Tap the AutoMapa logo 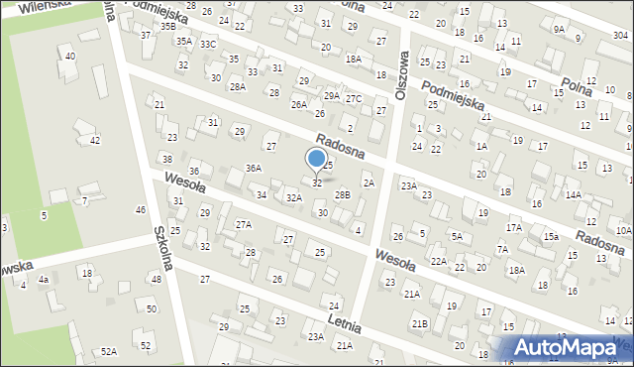pos(567,347)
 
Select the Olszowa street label pos(401,69)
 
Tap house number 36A pos(254,169)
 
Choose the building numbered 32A pos(293,198)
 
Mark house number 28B pos(342,195)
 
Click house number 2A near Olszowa pos(369,183)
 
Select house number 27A pos(243,225)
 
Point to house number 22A pos(438,261)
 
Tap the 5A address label pos(458,236)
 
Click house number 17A pos(513,227)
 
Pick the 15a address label pos(550,236)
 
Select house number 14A pos(573,195)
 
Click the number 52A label pos(108,351)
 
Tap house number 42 pos(95,141)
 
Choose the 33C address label pos(207,45)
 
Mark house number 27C pos(354,97)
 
